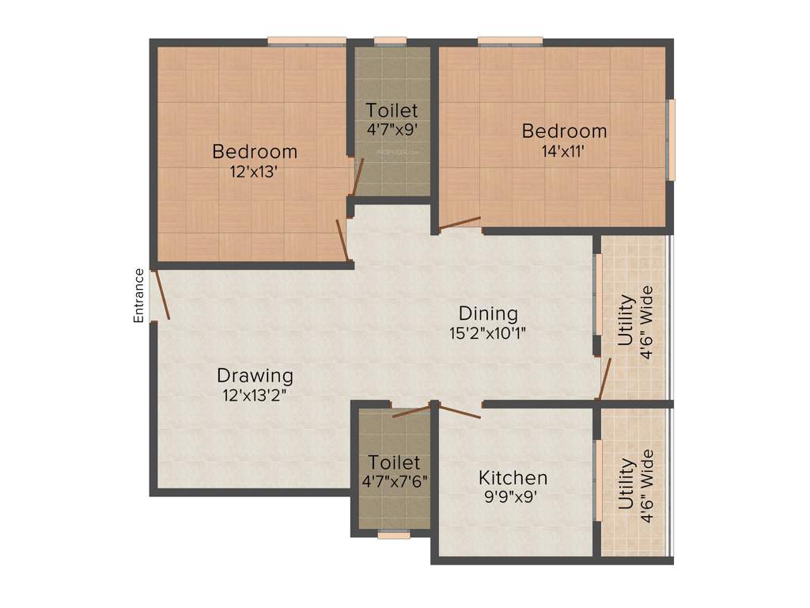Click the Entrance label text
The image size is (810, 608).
click(x=139, y=295)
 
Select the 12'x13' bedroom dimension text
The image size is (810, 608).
click(x=255, y=172)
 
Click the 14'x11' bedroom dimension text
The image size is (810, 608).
click(x=564, y=152)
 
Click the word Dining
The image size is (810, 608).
click(x=488, y=313)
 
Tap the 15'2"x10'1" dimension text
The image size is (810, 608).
click(x=488, y=333)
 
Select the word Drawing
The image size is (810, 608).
click(x=255, y=375)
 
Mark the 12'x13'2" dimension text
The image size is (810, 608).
click(x=255, y=395)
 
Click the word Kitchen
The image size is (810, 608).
click(x=513, y=478)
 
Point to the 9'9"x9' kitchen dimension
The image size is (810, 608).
click(x=513, y=498)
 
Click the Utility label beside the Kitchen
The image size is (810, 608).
click(x=626, y=484)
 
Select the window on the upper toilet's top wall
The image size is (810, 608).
click(x=390, y=41)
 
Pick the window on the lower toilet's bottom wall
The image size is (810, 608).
click(x=393, y=535)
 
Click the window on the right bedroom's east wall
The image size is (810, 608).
click(x=671, y=139)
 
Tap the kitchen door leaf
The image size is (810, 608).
click(x=459, y=410)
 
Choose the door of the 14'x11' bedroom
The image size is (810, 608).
click(x=460, y=223)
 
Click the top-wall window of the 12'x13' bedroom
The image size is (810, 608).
click(x=306, y=41)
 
